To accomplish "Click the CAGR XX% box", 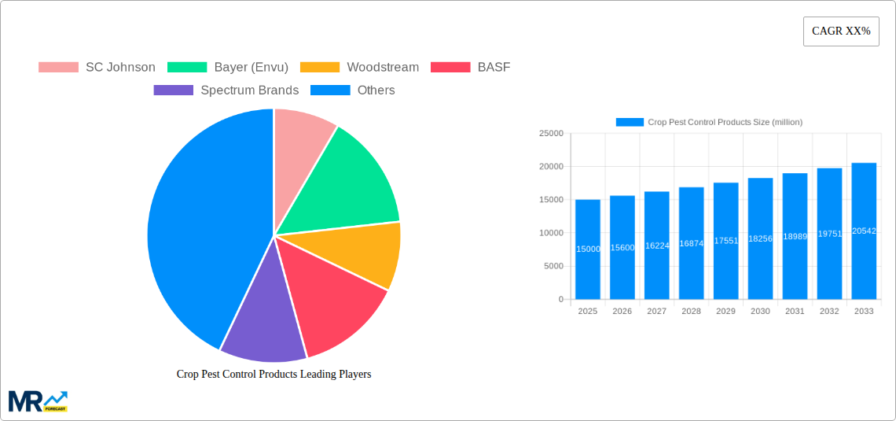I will click(x=841, y=31).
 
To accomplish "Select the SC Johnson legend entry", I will click(x=97, y=67).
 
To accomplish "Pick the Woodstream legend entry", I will click(x=365, y=67).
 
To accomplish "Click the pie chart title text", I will click(x=274, y=374).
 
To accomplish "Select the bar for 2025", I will click(x=588, y=249).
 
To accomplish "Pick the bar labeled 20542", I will click(x=864, y=231).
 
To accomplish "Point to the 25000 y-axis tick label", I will click(x=551, y=134).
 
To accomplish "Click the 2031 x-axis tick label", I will click(x=795, y=312).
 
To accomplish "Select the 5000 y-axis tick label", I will click(x=553, y=266).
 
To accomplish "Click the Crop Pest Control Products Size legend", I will click(x=709, y=122).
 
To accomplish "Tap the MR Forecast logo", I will click(x=38, y=401).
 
